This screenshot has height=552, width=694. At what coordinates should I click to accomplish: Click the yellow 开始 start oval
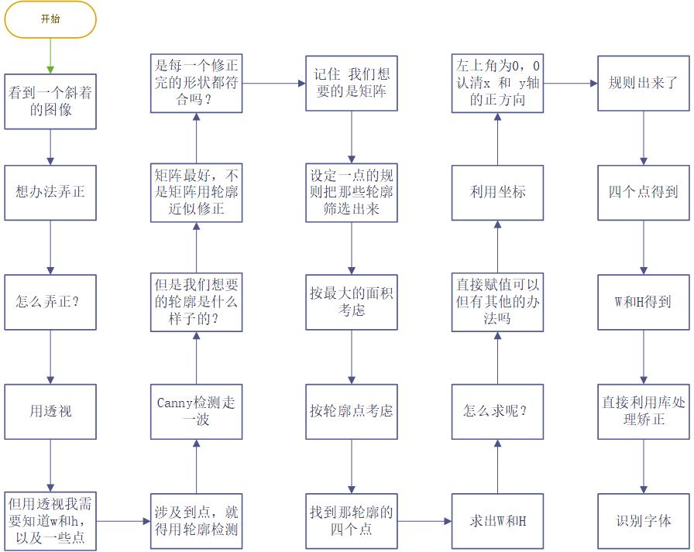click(x=50, y=19)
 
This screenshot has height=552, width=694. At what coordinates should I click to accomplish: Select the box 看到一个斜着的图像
click(x=50, y=101)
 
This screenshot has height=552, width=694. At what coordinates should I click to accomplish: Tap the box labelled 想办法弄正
click(x=50, y=192)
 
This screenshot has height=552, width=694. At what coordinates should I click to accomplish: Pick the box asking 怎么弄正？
click(x=50, y=302)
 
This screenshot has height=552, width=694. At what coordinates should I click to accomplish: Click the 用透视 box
click(x=50, y=411)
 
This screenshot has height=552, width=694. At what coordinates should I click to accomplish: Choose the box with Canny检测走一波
click(x=196, y=411)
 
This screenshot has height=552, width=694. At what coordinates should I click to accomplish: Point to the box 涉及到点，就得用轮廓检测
click(x=196, y=521)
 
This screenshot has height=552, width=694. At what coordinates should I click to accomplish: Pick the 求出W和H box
click(x=497, y=521)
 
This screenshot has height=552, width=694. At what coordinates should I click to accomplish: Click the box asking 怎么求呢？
click(x=497, y=411)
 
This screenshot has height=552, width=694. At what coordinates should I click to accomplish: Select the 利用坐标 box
click(x=497, y=192)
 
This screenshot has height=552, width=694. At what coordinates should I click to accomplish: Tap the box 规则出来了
click(x=643, y=83)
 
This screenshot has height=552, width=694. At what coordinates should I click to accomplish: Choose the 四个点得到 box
click(x=643, y=192)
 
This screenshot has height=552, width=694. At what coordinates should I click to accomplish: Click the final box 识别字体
click(x=643, y=521)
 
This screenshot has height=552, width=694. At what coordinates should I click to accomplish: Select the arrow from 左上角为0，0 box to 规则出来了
click(x=570, y=83)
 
